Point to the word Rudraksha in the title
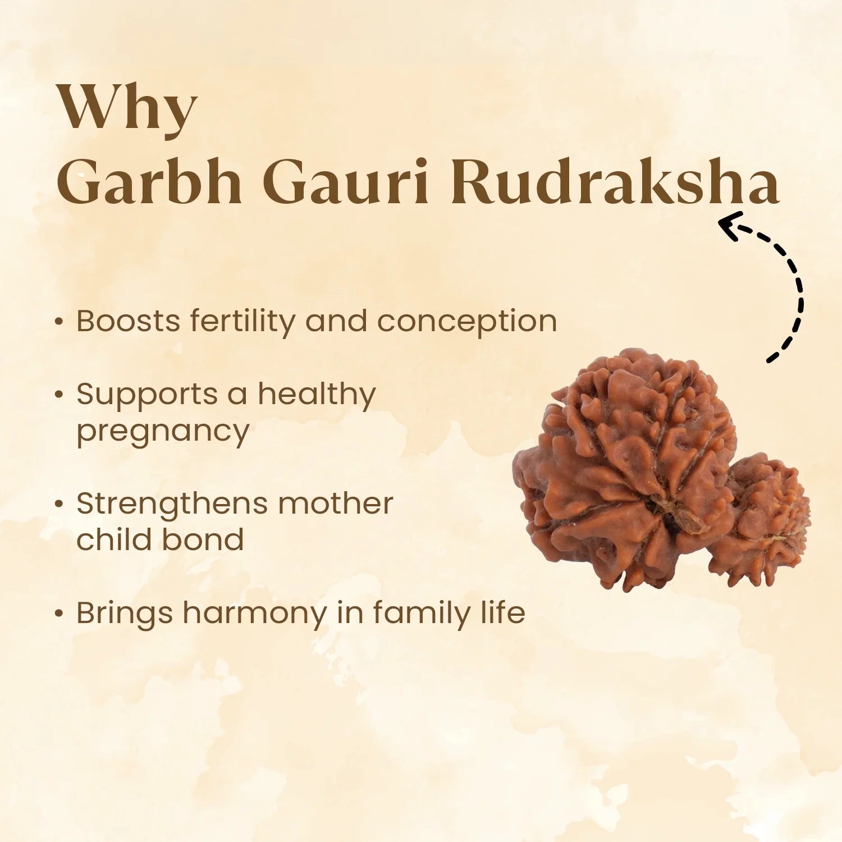click(x=615, y=182)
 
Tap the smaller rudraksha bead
click(x=766, y=519)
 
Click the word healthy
click(x=317, y=395)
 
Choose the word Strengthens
click(x=172, y=504)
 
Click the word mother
click(x=336, y=504)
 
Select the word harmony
click(x=254, y=614)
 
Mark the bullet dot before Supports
click(x=58, y=395)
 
